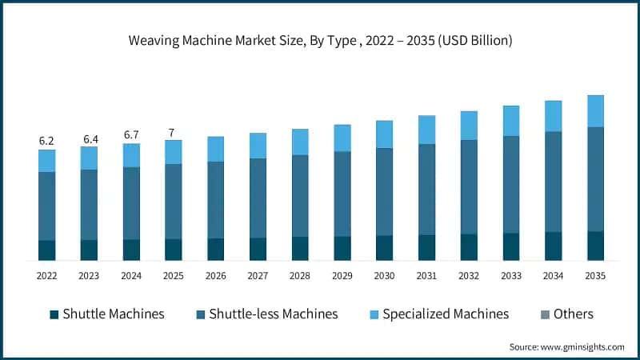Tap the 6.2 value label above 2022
click(x=47, y=141)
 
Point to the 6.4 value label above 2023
click(x=89, y=139)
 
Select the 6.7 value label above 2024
click(x=131, y=135)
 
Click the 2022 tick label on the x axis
click(x=47, y=275)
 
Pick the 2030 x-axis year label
click(x=385, y=275)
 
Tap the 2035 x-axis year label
click(x=595, y=275)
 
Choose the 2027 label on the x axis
click(x=258, y=275)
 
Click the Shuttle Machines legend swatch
click(x=54, y=314)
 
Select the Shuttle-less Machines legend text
click(x=273, y=314)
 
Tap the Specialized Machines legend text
click(x=446, y=314)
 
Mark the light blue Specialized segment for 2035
click(x=595, y=111)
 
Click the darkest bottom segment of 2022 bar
click(x=47, y=250)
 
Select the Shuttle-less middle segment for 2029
click(x=342, y=194)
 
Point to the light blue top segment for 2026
click(x=216, y=149)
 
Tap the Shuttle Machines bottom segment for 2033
click(x=511, y=246)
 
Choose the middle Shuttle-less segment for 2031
click(x=426, y=190)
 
